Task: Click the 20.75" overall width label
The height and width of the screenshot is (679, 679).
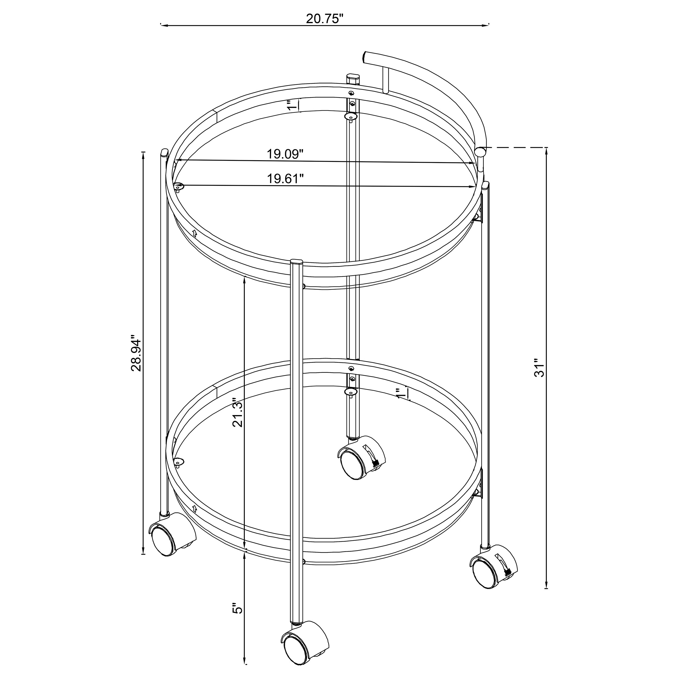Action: point(324,19)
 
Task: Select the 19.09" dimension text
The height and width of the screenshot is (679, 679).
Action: point(285,154)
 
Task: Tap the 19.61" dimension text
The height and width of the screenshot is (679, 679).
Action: point(285,178)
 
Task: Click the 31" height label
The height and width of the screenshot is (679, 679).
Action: point(539,368)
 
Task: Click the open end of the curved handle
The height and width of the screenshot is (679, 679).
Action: point(367,57)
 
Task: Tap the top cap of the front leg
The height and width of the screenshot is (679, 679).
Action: point(297,262)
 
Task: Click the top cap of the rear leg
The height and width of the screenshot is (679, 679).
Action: point(353,76)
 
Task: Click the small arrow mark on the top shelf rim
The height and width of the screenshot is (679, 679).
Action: point(195,232)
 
